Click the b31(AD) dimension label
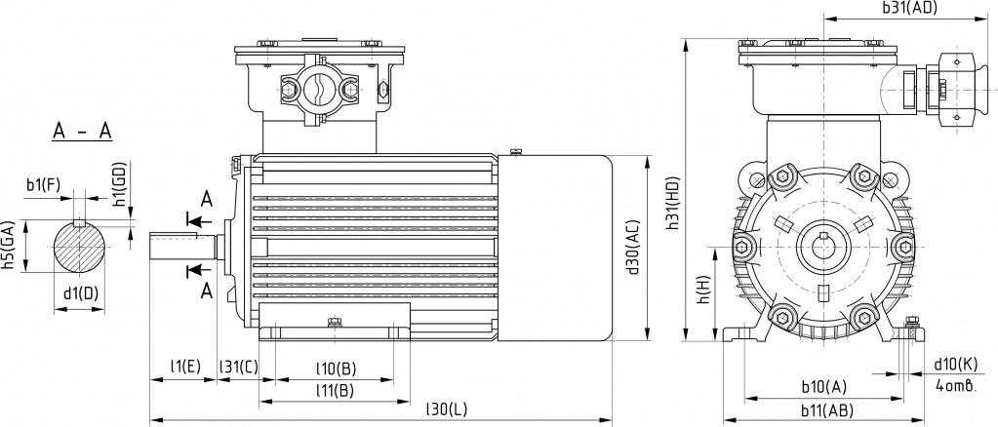point(909,8)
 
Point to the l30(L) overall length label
point(446,409)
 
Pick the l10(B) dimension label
point(336,369)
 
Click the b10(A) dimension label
point(824,386)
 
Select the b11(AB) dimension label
point(826,409)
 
